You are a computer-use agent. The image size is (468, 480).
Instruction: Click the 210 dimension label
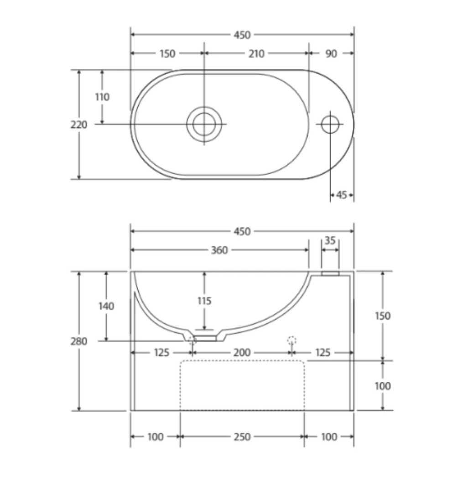[256, 54]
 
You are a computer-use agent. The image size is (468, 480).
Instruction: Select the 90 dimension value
[331, 54]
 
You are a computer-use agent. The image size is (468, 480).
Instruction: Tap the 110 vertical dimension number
[102, 97]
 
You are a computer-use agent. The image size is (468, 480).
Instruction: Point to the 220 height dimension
[79, 124]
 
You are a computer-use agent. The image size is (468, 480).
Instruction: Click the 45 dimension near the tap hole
[342, 195]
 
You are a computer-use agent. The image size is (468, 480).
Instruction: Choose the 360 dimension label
[219, 250]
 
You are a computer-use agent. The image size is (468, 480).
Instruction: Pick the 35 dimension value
[330, 240]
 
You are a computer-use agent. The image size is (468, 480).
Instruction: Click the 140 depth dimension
[106, 306]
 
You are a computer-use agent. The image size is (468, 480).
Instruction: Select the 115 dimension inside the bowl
[204, 301]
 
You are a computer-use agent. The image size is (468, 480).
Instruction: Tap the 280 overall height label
[79, 341]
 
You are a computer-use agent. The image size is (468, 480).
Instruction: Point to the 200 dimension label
[242, 353]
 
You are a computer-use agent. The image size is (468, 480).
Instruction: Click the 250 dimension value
[242, 437]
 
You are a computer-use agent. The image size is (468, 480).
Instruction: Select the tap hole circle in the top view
[330, 124]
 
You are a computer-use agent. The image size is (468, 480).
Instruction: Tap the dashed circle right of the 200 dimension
[292, 340]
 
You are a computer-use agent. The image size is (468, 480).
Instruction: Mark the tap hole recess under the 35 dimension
[330, 273]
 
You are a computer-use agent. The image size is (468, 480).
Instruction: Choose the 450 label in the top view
[242, 35]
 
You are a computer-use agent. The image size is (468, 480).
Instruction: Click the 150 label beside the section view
[382, 316]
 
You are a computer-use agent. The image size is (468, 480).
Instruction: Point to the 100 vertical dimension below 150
[382, 386]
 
